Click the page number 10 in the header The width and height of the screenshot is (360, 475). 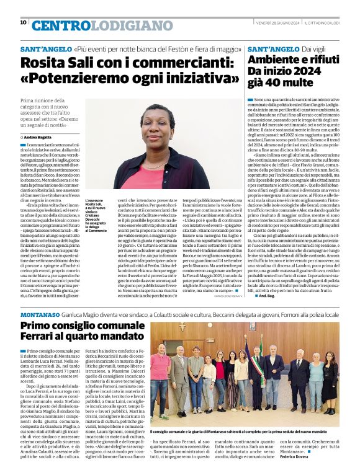point(23,22)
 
